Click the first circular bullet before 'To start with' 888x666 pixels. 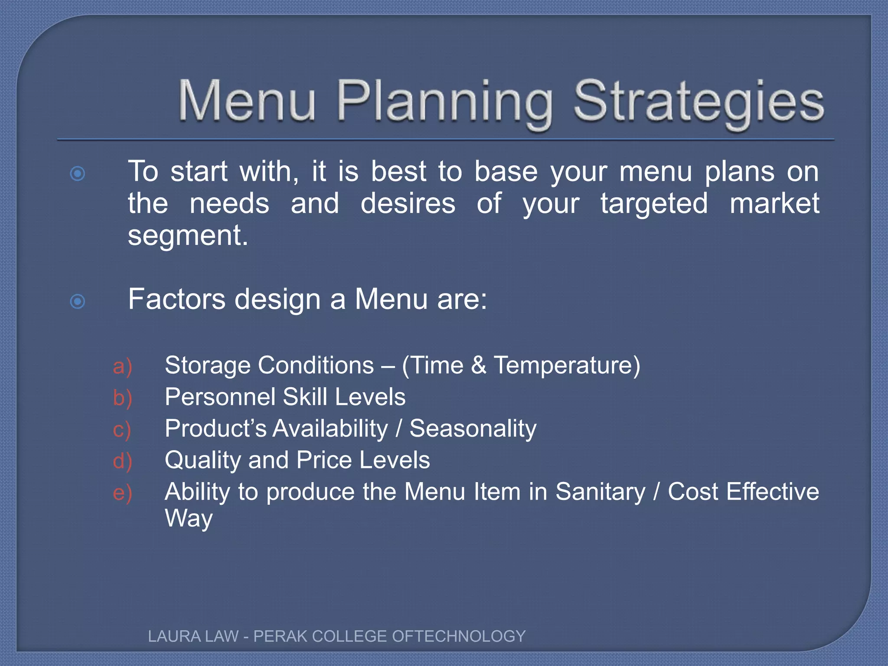[x=78, y=174]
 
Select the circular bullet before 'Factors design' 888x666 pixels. [x=78, y=301]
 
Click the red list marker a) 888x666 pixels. [x=122, y=367]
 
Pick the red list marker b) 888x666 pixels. [x=122, y=398]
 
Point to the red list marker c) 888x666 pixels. [x=122, y=430]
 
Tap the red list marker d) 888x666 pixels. [x=122, y=461]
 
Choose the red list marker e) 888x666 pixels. [x=122, y=493]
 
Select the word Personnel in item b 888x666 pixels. [x=220, y=397]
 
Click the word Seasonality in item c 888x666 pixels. [x=473, y=429]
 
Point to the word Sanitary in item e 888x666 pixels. [x=600, y=492]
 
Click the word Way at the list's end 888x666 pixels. [x=189, y=519]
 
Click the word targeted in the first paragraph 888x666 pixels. [x=654, y=204]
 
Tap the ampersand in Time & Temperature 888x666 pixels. [x=478, y=365]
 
